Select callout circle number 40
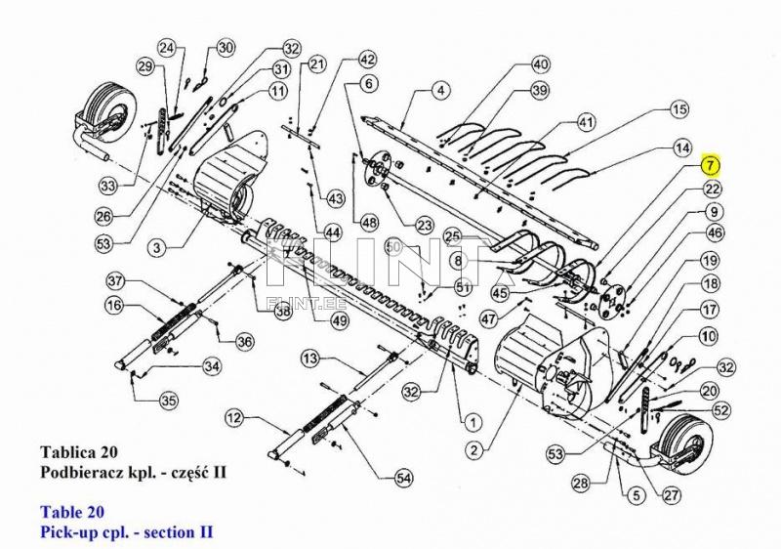[x=540, y=65]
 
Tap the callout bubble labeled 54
[x=403, y=478]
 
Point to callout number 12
[x=233, y=418]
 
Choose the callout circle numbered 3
[x=156, y=248]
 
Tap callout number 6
[x=369, y=84]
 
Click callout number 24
[x=167, y=48]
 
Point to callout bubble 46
[x=716, y=233]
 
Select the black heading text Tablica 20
[x=78, y=452]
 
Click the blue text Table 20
[x=72, y=511]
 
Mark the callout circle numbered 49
[x=339, y=320]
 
